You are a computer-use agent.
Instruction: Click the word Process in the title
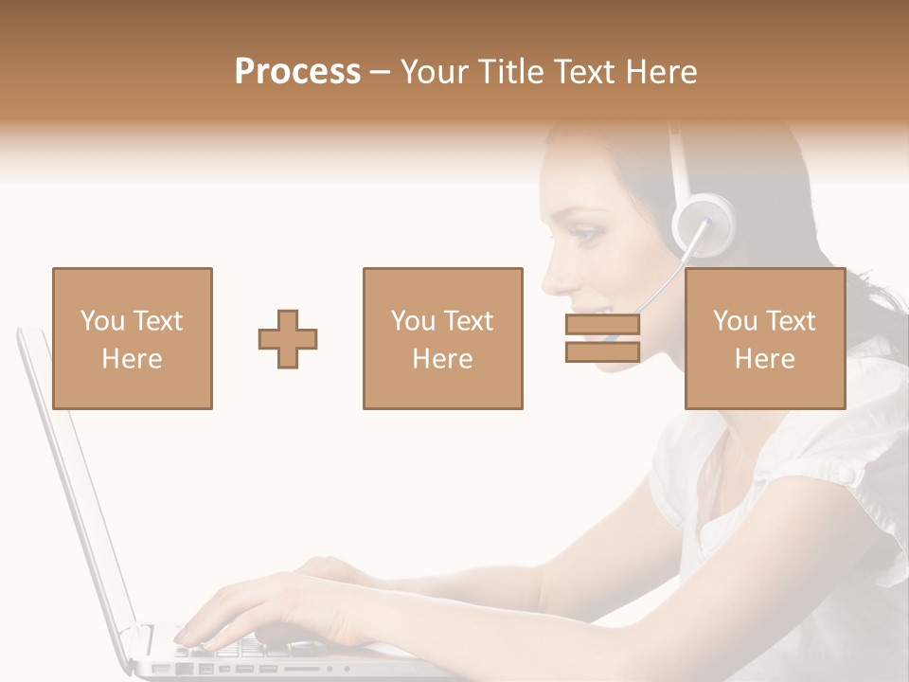[x=297, y=72]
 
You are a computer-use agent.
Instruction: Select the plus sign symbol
[x=288, y=338]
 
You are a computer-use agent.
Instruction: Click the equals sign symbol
[x=602, y=338]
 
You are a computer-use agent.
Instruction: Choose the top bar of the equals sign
[x=602, y=325]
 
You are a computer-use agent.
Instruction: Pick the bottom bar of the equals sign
[x=602, y=351]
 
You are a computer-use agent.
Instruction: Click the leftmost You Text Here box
[x=132, y=338]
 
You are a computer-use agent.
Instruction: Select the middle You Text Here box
[x=442, y=338]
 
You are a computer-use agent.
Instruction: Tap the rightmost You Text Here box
[x=764, y=338]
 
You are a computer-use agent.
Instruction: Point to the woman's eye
[x=588, y=230]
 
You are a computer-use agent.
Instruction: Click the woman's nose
[x=550, y=276]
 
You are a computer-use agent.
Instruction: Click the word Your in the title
[x=436, y=72]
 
